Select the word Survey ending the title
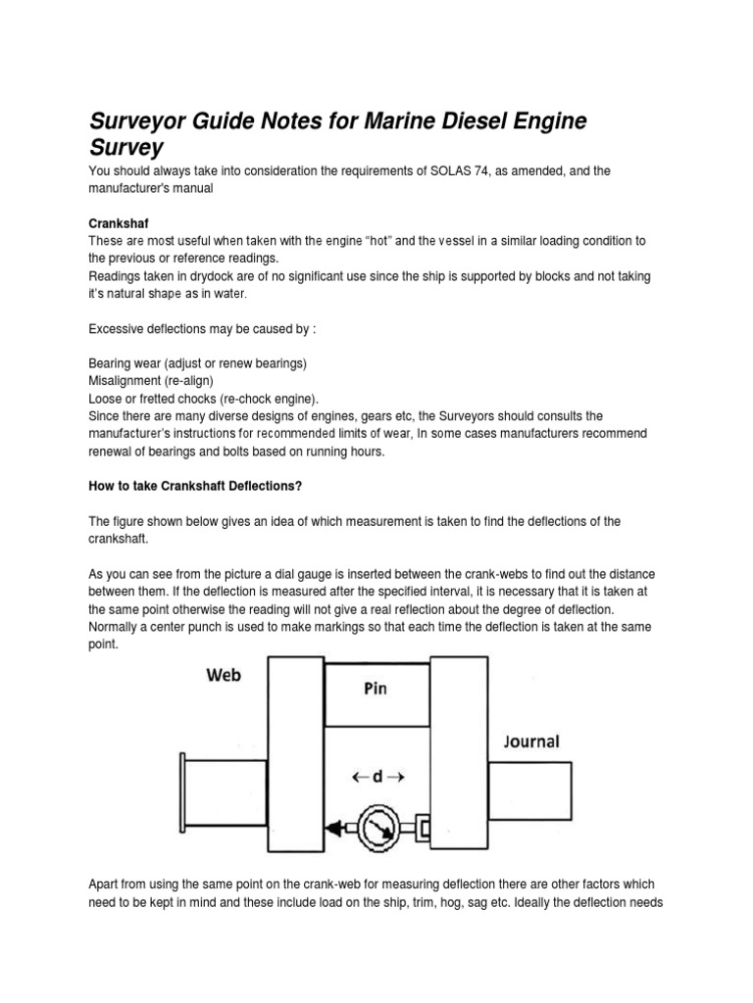click(x=126, y=147)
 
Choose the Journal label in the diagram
click(x=532, y=741)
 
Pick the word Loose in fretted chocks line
click(x=106, y=398)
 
